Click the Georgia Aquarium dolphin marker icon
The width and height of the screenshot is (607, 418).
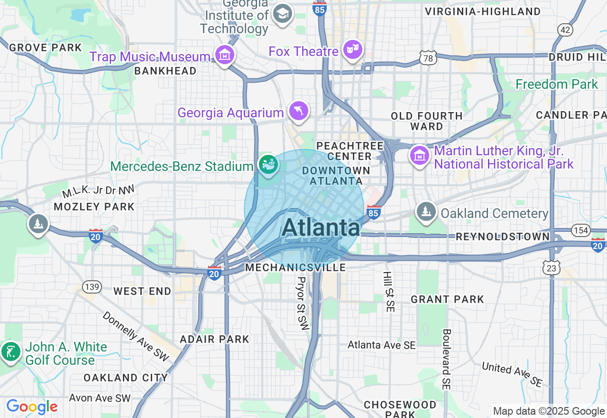pos(299,111)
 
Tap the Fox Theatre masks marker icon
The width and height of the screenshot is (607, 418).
pos(353,50)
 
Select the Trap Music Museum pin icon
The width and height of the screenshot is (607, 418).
pos(225,56)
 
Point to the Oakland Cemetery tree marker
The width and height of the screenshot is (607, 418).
pos(426,212)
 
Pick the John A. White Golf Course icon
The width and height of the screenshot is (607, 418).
pos(10,351)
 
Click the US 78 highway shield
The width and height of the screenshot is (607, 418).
pos(427,58)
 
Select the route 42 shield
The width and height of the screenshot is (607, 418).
pos(565,30)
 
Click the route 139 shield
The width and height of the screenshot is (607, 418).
pos(91,286)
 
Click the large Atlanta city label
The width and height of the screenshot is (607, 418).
pos(321,228)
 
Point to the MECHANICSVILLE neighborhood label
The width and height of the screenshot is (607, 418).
pos(295,267)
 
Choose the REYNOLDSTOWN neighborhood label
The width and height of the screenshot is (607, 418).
pos(503,237)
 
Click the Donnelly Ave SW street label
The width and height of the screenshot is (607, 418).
pos(136,336)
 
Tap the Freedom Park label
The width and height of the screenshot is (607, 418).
pos(557,85)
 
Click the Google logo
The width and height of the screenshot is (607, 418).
pos(32,407)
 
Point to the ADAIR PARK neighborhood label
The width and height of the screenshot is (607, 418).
pos(214,339)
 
